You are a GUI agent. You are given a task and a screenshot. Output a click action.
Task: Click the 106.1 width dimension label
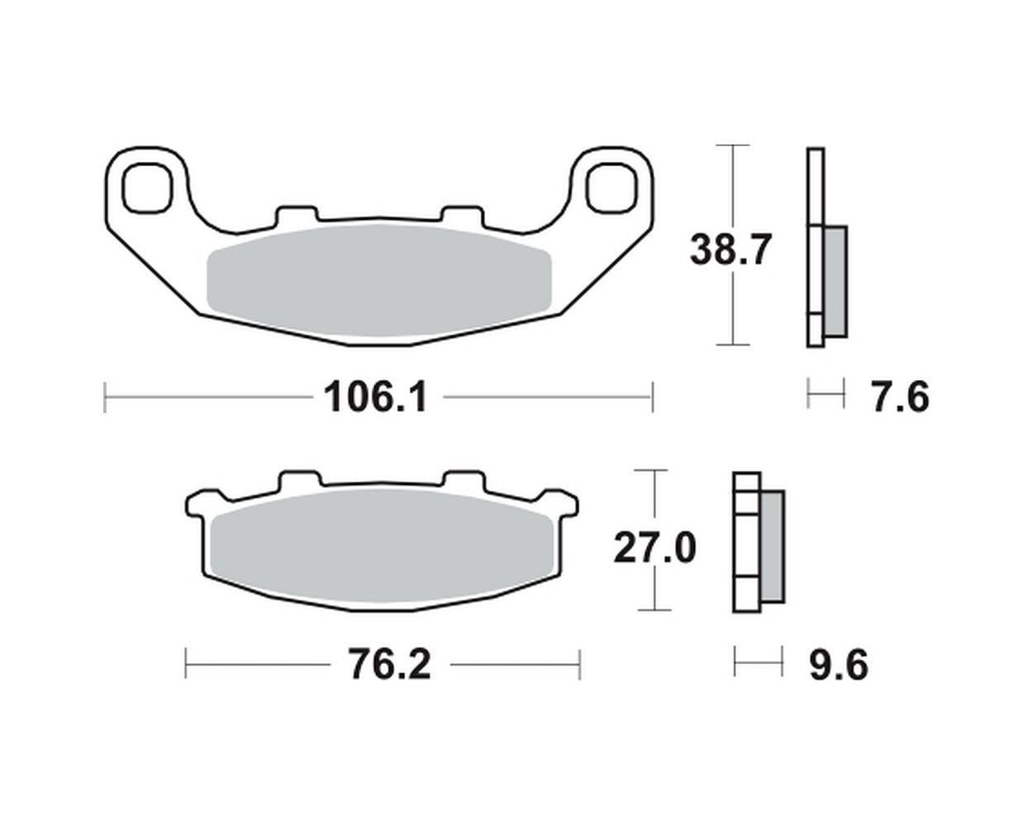tap(375, 397)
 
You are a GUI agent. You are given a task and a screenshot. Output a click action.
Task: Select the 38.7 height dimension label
tap(730, 249)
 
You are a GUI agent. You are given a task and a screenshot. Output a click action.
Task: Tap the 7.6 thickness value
tap(901, 397)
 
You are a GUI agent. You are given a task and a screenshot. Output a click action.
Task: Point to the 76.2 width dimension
tap(389, 665)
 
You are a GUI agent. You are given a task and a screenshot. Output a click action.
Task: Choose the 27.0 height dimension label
tap(655, 548)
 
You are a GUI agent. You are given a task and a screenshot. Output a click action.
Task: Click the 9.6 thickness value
tap(839, 665)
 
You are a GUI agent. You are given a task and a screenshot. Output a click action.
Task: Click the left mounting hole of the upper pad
tap(147, 188)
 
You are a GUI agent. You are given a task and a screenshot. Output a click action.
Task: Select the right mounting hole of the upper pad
tap(612, 188)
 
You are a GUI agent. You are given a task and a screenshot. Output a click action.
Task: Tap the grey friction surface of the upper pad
tap(378, 280)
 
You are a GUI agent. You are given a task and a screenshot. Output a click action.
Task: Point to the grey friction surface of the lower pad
tap(383, 547)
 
